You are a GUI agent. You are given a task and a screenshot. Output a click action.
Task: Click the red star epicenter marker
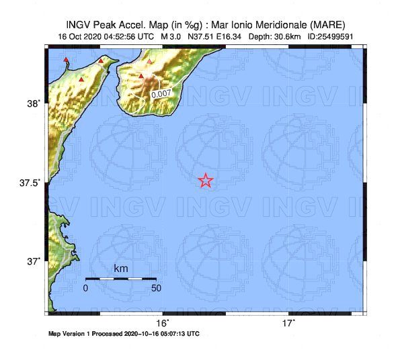tap(206, 180)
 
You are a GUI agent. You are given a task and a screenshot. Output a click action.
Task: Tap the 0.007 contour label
tap(160, 95)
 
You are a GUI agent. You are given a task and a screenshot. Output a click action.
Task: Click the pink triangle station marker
tap(150, 62)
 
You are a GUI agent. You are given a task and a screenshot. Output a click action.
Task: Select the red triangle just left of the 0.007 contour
tap(141, 77)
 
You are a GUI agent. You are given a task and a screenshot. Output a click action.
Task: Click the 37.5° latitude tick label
tap(30, 183)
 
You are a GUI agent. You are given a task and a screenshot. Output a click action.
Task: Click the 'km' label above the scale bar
tap(121, 269)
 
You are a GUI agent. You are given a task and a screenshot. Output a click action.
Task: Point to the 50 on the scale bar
tap(156, 288)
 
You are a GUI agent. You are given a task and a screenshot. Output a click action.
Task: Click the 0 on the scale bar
tap(85, 288)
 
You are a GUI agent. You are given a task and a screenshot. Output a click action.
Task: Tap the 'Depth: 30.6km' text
tap(274, 36)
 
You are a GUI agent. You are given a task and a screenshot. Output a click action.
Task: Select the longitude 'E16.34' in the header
tap(227, 36)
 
